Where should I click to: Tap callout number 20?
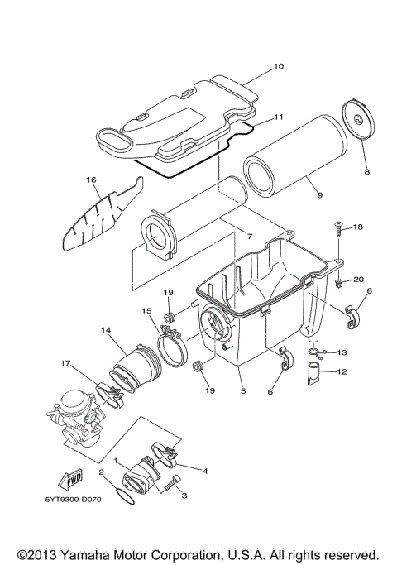pyautogui.click(x=358, y=280)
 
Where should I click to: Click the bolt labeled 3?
pyautogui.click(x=171, y=486)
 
